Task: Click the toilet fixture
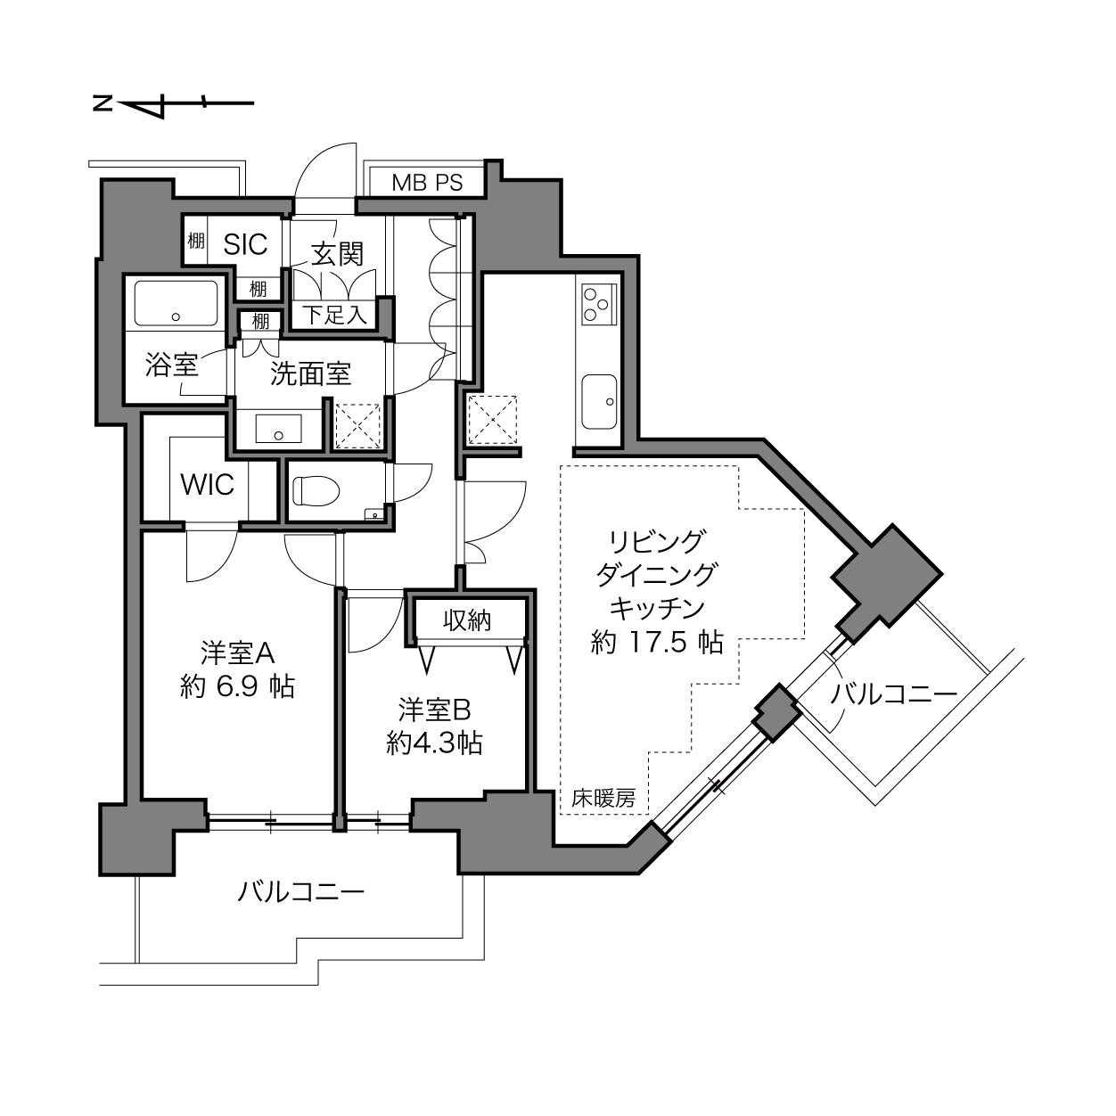pyautogui.click(x=316, y=490)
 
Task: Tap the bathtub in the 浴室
pyautogui.click(x=176, y=303)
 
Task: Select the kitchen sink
pyautogui.click(x=599, y=401)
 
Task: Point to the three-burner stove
pyautogui.click(x=599, y=305)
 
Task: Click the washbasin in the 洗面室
pyautogui.click(x=279, y=429)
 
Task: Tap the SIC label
pyautogui.click(x=245, y=244)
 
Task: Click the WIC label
pyautogui.click(x=208, y=484)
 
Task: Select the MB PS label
pyautogui.click(x=427, y=183)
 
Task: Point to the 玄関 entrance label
pyautogui.click(x=337, y=254)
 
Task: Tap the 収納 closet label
pyautogui.click(x=467, y=620)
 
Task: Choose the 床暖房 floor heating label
pyautogui.click(x=603, y=798)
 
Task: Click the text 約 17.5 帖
pyautogui.click(x=657, y=642)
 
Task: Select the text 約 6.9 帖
pyautogui.click(x=237, y=686)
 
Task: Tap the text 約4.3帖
pyautogui.click(x=434, y=743)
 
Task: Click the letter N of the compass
pyautogui.click(x=103, y=104)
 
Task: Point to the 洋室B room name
pyautogui.click(x=434, y=710)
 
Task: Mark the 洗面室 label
pyautogui.click(x=311, y=374)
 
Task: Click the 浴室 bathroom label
pyautogui.click(x=171, y=365)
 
